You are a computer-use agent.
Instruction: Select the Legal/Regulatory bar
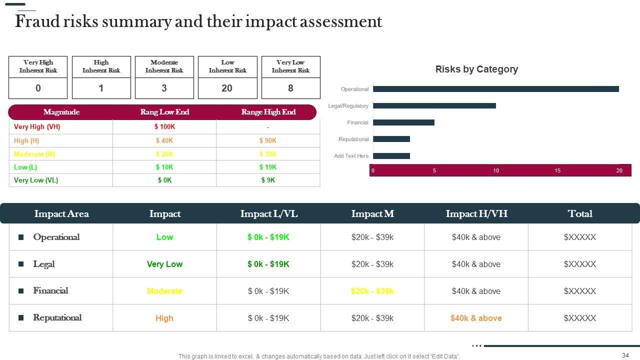point(434,106)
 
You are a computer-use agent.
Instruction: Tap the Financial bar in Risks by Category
point(403,122)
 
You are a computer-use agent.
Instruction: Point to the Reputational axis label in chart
point(353,139)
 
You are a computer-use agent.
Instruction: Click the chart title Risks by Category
point(476,69)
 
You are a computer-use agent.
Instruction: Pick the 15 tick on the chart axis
point(557,171)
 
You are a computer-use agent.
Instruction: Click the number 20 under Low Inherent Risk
point(227,88)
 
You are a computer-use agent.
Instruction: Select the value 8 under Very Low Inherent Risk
point(290,88)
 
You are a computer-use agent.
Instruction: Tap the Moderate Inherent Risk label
point(164,66)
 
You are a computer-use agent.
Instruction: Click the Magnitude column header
point(61,112)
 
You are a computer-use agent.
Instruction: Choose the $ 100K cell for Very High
point(164,127)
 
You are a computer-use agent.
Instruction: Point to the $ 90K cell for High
point(268,141)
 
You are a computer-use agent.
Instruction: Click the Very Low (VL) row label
point(36,180)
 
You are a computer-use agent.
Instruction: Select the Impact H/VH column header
point(476,214)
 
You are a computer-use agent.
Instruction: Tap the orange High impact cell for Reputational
point(164,318)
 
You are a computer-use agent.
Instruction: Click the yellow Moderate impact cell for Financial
point(164,291)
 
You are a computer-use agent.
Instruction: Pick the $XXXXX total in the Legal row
point(580,264)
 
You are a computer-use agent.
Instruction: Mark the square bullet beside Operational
point(21,237)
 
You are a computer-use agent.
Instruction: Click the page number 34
point(625,355)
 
